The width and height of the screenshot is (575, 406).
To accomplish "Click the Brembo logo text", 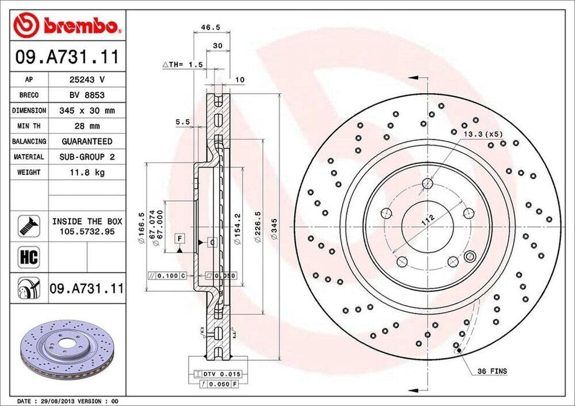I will point(84,25).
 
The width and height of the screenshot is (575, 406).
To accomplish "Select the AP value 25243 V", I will point(86,80).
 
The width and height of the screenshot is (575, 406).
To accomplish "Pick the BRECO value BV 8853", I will point(86,95).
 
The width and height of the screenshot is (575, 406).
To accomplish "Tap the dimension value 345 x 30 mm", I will point(86,110).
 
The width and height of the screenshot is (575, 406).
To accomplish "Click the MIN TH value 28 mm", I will point(86,126).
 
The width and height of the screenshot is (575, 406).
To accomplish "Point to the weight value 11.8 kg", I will point(86,172).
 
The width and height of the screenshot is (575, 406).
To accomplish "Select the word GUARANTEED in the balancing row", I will point(86,141).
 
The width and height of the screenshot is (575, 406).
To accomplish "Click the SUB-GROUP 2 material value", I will point(86,157).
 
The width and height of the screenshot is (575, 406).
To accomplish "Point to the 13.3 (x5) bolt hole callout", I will point(483,135).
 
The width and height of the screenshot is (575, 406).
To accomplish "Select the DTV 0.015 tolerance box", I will point(218,373).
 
